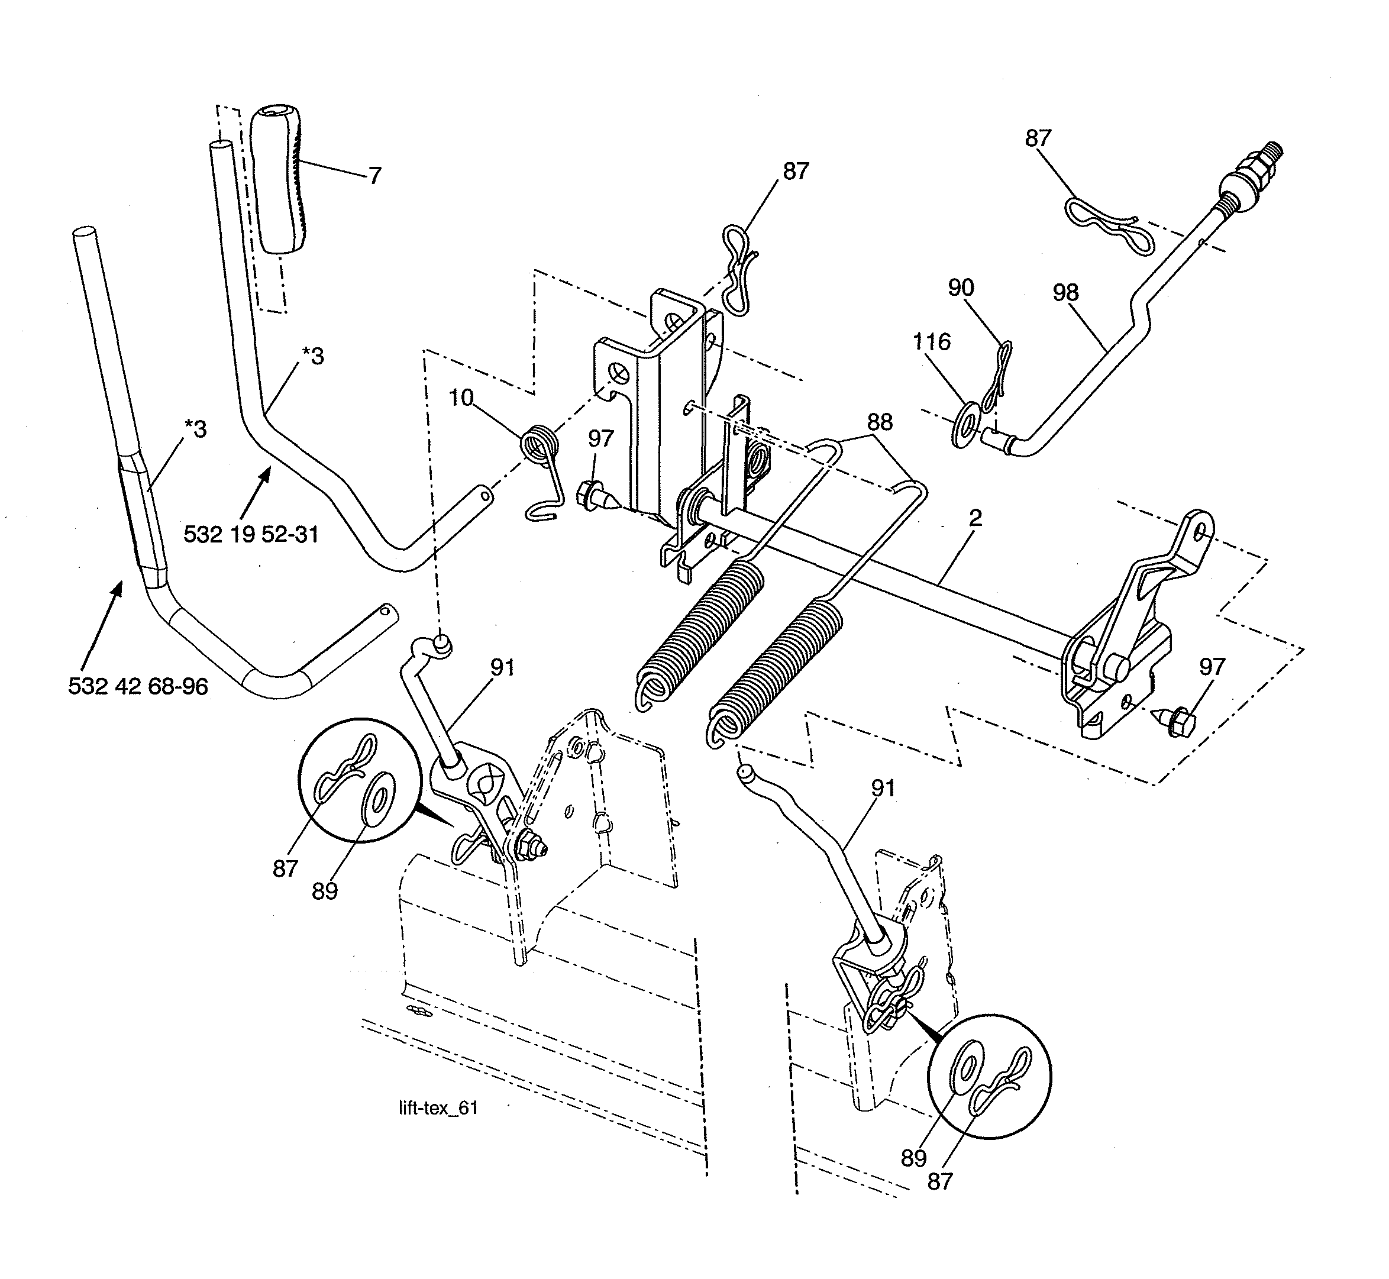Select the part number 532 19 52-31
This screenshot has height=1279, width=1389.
[251, 534]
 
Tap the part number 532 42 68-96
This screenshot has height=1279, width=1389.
[138, 686]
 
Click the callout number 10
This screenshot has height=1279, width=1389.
[461, 398]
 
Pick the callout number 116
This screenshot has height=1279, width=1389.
[932, 342]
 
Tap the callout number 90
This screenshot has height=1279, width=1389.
[961, 288]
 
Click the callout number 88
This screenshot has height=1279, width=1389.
[880, 422]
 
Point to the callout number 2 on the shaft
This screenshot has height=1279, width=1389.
[975, 518]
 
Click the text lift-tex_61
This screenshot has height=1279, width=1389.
[438, 1108]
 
